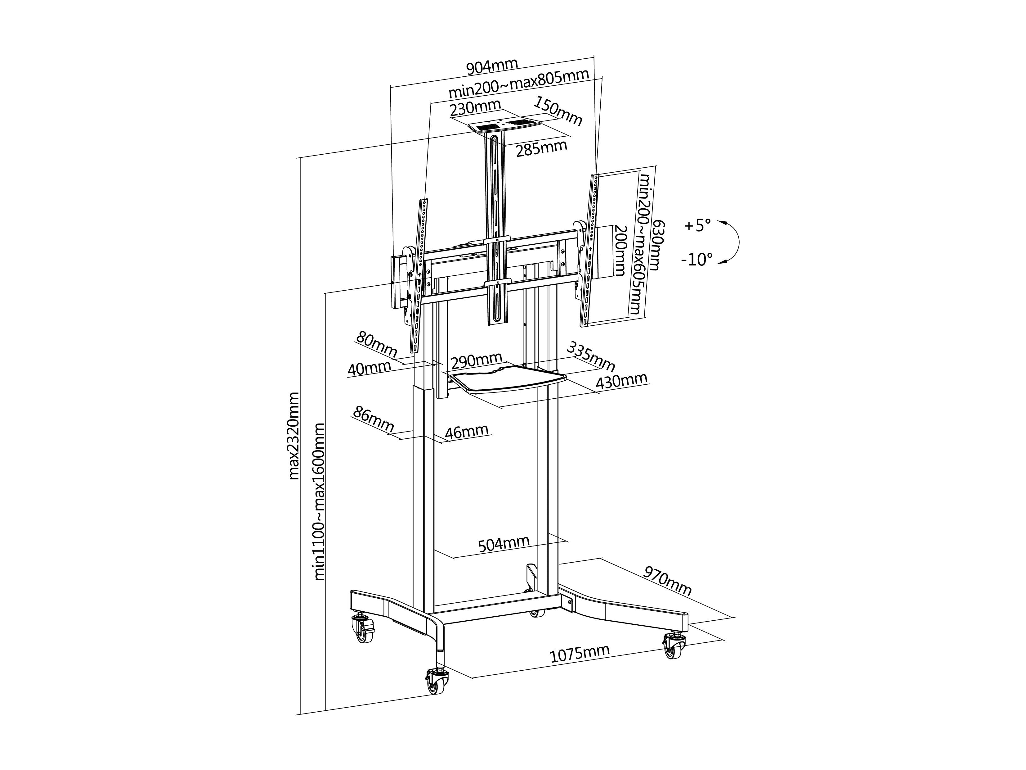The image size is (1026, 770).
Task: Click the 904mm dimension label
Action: [x=492, y=67]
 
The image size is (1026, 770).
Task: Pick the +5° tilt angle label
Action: [x=697, y=226]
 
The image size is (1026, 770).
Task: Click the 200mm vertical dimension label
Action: [x=620, y=251]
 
